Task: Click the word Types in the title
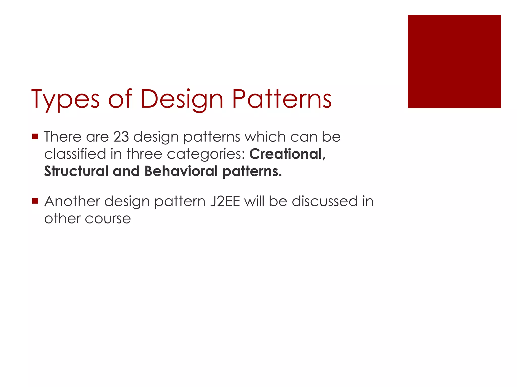65,100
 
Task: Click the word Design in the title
182,100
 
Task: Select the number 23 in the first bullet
121,137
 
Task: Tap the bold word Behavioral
181,171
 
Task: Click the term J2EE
225,201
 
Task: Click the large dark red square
454,61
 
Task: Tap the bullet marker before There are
35,137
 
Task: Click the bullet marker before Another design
35,201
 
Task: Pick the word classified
75,154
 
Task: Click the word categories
206,154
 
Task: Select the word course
108,219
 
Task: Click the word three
144,154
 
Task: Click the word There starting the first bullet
63,137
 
